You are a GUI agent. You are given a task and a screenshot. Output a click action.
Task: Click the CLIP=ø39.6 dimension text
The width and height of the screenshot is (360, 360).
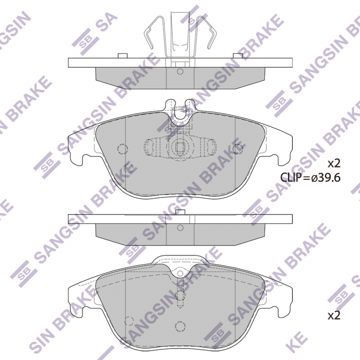pyautogui.click(x=310, y=177)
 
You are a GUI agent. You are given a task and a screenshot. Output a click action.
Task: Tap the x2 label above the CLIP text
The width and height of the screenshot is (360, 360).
pyautogui.click(x=334, y=164)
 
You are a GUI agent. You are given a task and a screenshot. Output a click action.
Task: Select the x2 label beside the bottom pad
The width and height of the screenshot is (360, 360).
pyautogui.click(x=334, y=316)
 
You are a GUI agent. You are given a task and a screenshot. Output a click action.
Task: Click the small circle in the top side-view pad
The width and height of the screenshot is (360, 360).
pyautogui.click(x=180, y=72)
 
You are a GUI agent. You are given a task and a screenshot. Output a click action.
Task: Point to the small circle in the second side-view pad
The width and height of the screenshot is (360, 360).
pyautogui.click(x=180, y=228)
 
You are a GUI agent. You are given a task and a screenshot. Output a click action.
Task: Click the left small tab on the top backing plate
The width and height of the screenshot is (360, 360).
pyautogui.click(x=122, y=56)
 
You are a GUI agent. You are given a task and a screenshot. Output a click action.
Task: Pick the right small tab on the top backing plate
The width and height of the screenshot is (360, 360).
pyautogui.click(x=238, y=56)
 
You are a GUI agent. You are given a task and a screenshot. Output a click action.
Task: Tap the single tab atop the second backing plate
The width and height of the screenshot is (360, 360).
pyautogui.click(x=180, y=212)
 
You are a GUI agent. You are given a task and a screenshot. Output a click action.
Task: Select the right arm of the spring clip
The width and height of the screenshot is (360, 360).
pyautogui.click(x=209, y=32)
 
